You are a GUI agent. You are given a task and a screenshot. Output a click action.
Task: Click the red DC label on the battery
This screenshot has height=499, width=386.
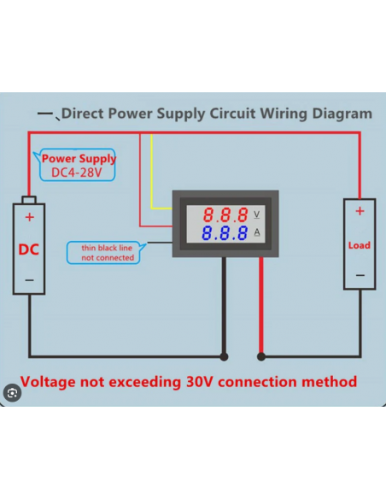click(x=29, y=249)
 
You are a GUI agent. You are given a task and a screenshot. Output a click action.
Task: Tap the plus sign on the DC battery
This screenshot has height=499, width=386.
click(x=30, y=217)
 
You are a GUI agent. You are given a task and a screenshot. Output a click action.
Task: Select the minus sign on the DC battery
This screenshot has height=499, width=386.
click(x=29, y=280)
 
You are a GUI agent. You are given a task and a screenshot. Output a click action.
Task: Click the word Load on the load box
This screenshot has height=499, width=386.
click(x=360, y=245)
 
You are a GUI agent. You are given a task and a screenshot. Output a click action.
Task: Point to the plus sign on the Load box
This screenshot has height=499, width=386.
click(x=360, y=211)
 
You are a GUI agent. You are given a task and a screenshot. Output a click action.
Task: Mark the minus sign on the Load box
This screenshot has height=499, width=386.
click(x=360, y=275)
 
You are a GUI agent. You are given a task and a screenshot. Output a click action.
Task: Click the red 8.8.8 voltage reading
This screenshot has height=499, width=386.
click(x=225, y=214)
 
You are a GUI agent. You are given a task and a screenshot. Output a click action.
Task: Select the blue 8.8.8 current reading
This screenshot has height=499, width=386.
click(x=225, y=233)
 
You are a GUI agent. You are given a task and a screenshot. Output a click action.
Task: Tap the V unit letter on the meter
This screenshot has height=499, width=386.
click(x=256, y=214)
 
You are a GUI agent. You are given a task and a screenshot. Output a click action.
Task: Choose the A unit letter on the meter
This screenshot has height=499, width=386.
click(x=257, y=232)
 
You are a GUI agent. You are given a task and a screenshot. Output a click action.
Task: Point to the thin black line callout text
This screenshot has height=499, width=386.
click(x=108, y=253)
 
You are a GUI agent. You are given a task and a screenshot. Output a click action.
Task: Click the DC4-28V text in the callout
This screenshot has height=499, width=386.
click(x=77, y=173)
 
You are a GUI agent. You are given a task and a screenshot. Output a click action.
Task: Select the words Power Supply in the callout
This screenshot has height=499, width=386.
click(x=79, y=158)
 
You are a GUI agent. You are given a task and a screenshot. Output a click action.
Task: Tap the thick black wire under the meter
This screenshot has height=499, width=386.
click(x=224, y=306)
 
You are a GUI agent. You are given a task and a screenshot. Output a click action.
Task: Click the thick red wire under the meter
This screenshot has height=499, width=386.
click(x=261, y=306)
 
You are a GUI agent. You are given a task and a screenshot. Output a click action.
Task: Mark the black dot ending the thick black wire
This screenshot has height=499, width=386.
click(x=224, y=357)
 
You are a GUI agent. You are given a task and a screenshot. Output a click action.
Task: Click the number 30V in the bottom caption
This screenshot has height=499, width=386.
click(x=199, y=382)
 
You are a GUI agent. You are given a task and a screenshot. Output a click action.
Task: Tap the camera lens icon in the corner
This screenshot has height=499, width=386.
click(x=13, y=393)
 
